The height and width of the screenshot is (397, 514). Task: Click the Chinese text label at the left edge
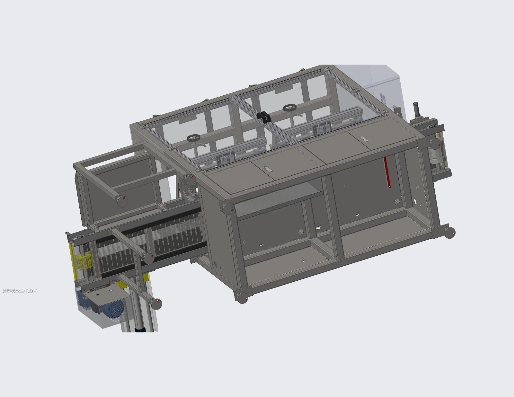[x=20, y=291]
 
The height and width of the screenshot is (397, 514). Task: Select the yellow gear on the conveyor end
[x=83, y=260]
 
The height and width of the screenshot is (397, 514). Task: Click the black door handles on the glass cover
[x=264, y=117]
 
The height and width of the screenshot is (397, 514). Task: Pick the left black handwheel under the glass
[x=193, y=138]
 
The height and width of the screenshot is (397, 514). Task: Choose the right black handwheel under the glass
[x=290, y=108]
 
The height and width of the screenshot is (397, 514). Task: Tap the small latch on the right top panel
[x=363, y=139]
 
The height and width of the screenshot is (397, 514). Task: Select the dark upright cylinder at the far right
[x=416, y=109]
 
